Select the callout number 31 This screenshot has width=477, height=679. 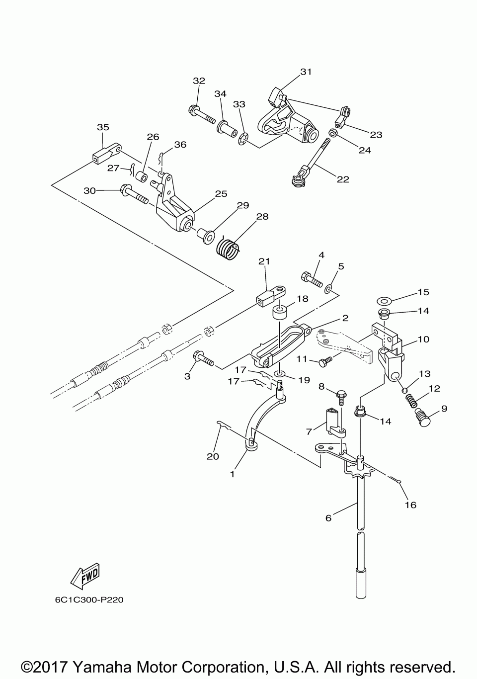tap(306, 72)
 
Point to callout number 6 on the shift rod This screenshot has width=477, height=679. tap(328, 518)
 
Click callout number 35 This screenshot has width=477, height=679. tap(103, 127)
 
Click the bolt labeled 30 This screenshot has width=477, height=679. tap(134, 194)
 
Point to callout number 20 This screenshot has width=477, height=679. tap(213, 456)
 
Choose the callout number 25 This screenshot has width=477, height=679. tap(221, 194)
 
